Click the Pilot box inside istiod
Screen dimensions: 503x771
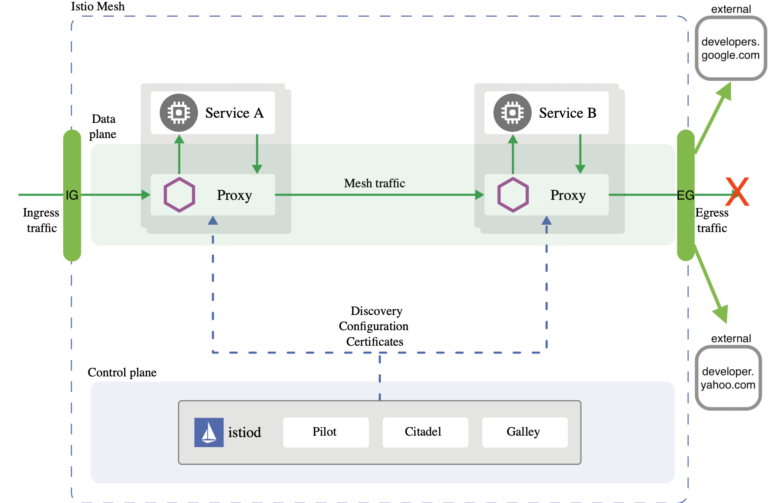pyautogui.click(x=325, y=432)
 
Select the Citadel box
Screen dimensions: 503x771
pyautogui.click(x=425, y=432)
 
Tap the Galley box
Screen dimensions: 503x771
pyautogui.click(x=524, y=432)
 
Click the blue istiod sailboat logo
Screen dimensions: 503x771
pyautogui.click(x=209, y=432)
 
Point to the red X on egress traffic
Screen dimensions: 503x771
pyautogui.click(x=737, y=192)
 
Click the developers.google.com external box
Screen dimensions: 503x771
pyautogui.click(x=730, y=48)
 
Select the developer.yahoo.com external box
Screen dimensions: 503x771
pyautogui.click(x=728, y=378)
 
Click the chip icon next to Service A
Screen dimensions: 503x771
pyautogui.click(x=179, y=113)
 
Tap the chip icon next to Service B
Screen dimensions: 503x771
pyautogui.click(x=512, y=113)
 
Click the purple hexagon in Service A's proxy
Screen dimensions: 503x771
pyautogui.click(x=179, y=195)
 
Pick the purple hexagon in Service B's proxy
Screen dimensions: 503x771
pyautogui.click(x=513, y=195)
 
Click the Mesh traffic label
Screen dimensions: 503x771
pyautogui.click(x=374, y=183)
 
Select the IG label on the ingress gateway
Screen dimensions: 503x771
pyautogui.click(x=72, y=195)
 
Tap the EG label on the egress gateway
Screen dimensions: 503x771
pyautogui.click(x=685, y=195)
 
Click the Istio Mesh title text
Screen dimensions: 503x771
pyautogui.click(x=98, y=6)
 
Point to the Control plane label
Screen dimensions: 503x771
pyautogui.click(x=122, y=372)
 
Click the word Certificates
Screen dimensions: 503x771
pyautogui.click(x=374, y=342)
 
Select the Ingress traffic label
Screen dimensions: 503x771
pyautogui.click(x=41, y=220)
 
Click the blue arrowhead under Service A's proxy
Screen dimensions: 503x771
pyautogui.click(x=213, y=221)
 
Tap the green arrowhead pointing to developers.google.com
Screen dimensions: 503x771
pyautogui.click(x=725, y=91)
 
